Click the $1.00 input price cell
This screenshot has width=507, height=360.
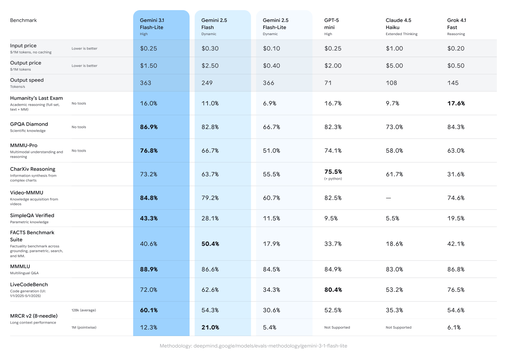point(394,49)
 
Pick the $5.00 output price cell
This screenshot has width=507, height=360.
point(394,66)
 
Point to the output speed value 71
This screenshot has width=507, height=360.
point(328,83)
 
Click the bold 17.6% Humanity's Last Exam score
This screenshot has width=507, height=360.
point(456,103)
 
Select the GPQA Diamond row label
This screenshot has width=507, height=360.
point(29,124)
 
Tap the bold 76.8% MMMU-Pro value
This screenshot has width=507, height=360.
point(149,151)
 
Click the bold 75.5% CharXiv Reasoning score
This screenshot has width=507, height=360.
point(333,172)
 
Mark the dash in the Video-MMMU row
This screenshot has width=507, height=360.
point(388,198)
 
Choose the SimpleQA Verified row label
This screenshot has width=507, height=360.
point(32,215)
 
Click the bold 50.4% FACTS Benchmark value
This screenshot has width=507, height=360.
point(210,244)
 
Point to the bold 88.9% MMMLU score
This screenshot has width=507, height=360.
point(149,269)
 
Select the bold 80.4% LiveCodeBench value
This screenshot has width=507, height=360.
point(333,290)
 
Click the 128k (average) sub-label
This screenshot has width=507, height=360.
point(83,310)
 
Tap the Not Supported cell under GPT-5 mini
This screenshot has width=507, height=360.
point(337,328)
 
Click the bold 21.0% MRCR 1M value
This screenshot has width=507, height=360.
point(210,328)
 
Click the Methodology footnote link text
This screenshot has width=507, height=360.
point(253,346)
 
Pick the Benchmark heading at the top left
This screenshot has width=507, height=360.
point(23,20)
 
